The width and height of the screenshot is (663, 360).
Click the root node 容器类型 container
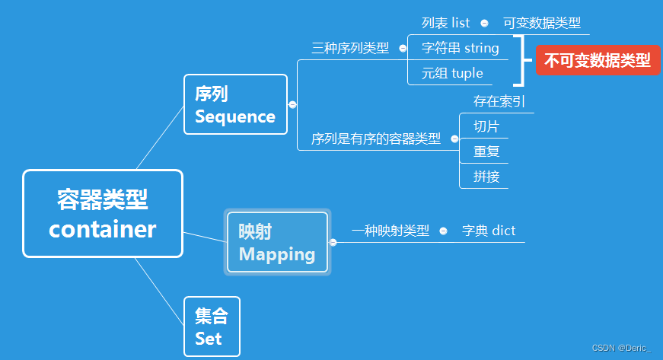[x=103, y=213]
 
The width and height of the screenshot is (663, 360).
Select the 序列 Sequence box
[x=235, y=105]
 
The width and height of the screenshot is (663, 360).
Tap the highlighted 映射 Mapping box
[x=277, y=242]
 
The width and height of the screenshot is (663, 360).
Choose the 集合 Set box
[x=212, y=327]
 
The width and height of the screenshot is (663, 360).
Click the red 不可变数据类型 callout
[x=597, y=60]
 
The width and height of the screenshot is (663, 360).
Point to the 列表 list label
[x=445, y=23]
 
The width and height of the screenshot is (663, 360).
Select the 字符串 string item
[x=461, y=48]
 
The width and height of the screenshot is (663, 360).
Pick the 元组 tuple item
[x=452, y=73]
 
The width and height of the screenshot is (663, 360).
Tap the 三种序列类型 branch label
[x=350, y=48]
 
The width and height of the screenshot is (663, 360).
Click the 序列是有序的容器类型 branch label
[x=376, y=139]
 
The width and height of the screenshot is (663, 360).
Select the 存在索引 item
[x=499, y=101]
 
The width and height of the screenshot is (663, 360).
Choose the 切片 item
[x=486, y=126]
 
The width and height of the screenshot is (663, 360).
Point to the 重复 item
[x=486, y=151]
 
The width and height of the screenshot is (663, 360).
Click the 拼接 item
[x=486, y=177]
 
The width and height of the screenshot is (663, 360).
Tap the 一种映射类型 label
[x=390, y=231]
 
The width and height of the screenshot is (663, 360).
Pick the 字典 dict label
[x=489, y=231]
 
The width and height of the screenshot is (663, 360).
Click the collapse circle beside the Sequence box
[x=292, y=105]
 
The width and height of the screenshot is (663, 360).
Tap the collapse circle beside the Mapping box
[x=333, y=243]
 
